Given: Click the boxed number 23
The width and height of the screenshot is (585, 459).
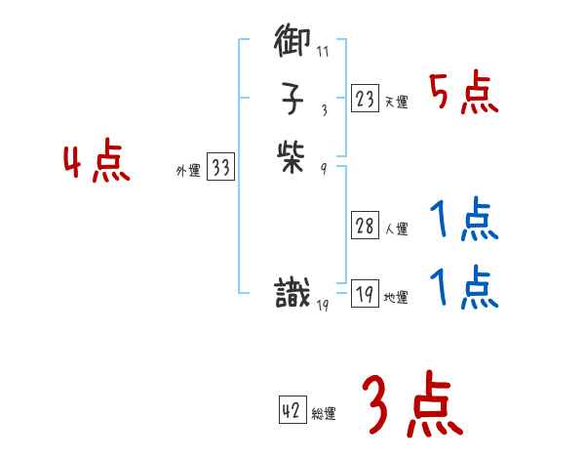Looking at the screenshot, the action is coord(365,98).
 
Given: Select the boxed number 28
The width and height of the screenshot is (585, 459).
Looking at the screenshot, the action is coord(365,227).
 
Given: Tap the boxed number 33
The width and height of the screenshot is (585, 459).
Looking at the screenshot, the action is coord(220,168).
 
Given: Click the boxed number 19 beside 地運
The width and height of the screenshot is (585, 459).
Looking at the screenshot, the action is coord(365,294).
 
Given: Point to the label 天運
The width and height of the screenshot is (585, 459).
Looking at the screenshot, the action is coord(396,102).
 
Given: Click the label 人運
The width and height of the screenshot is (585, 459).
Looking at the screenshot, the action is coord(396,230).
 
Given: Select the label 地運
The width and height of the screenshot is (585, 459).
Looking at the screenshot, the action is coord(396,298).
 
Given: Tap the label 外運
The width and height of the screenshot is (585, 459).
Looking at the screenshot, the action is coord(188,171).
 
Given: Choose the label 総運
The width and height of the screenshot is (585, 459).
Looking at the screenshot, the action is coord(324,414).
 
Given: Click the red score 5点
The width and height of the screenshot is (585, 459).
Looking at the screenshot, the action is coord(464,94).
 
